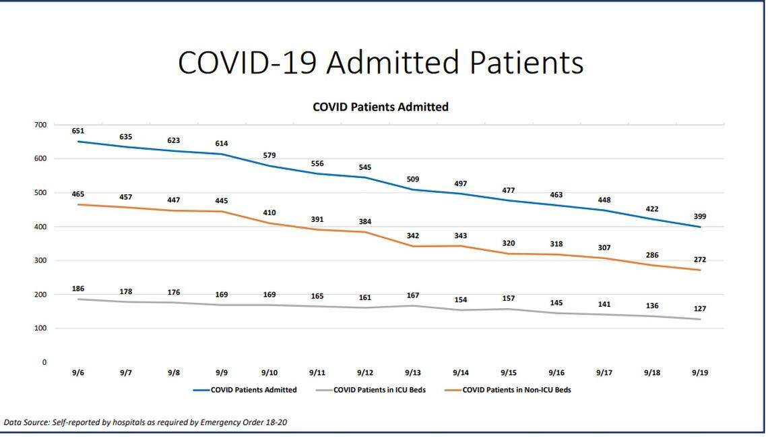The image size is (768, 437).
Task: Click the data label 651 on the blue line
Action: (x=78, y=131)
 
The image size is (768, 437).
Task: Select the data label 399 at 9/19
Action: (x=699, y=216)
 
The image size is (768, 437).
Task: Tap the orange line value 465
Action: (x=78, y=194)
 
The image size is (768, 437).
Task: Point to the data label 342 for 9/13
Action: (x=413, y=236)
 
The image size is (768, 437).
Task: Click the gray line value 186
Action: (x=78, y=289)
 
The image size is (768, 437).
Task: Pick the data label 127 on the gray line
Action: (x=699, y=309)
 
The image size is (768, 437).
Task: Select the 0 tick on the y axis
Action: (x=44, y=362)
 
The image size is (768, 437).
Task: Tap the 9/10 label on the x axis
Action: (x=269, y=373)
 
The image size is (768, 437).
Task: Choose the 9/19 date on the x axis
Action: (x=699, y=373)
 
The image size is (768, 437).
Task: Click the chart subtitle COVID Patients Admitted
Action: (x=381, y=107)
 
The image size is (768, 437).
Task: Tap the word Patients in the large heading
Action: (x=526, y=62)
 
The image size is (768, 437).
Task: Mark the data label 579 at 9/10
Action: (x=269, y=156)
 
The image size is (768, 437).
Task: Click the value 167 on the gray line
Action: (x=413, y=295)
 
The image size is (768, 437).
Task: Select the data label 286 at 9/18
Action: (x=651, y=256)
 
